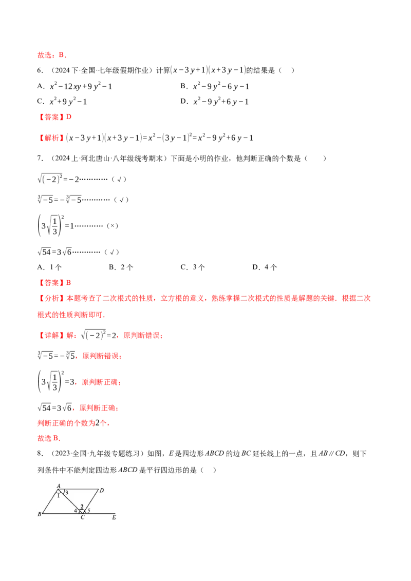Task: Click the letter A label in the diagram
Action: click(59, 485)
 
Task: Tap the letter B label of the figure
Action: click(40, 514)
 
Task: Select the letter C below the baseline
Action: click(82, 517)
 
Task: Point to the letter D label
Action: click(102, 491)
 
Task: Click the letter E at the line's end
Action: click(114, 517)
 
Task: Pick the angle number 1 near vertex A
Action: click(59, 496)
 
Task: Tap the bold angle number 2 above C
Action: click(82, 507)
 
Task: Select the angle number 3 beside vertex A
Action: click(67, 493)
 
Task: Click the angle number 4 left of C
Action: click(76, 511)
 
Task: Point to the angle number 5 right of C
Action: click(88, 511)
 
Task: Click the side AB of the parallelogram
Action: click(51, 500)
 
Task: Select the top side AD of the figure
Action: click(80, 489)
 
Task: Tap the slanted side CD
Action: click(90, 500)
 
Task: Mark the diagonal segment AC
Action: click(71, 501)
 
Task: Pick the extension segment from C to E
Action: click(100, 513)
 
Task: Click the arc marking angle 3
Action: click(64, 491)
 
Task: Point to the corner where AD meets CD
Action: click(98, 489)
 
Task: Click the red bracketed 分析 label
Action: click(49, 298)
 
